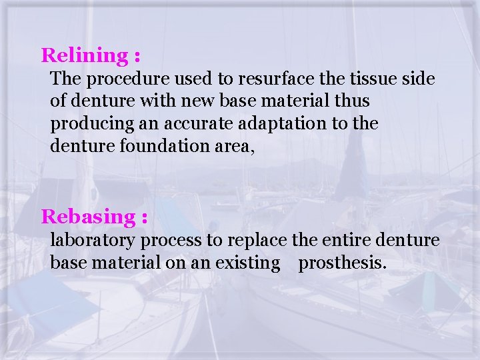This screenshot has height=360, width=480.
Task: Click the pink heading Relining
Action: point(85,55)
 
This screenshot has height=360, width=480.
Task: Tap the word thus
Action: point(353,102)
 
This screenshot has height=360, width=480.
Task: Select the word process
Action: point(177,240)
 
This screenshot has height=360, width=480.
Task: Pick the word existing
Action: point(248,263)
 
